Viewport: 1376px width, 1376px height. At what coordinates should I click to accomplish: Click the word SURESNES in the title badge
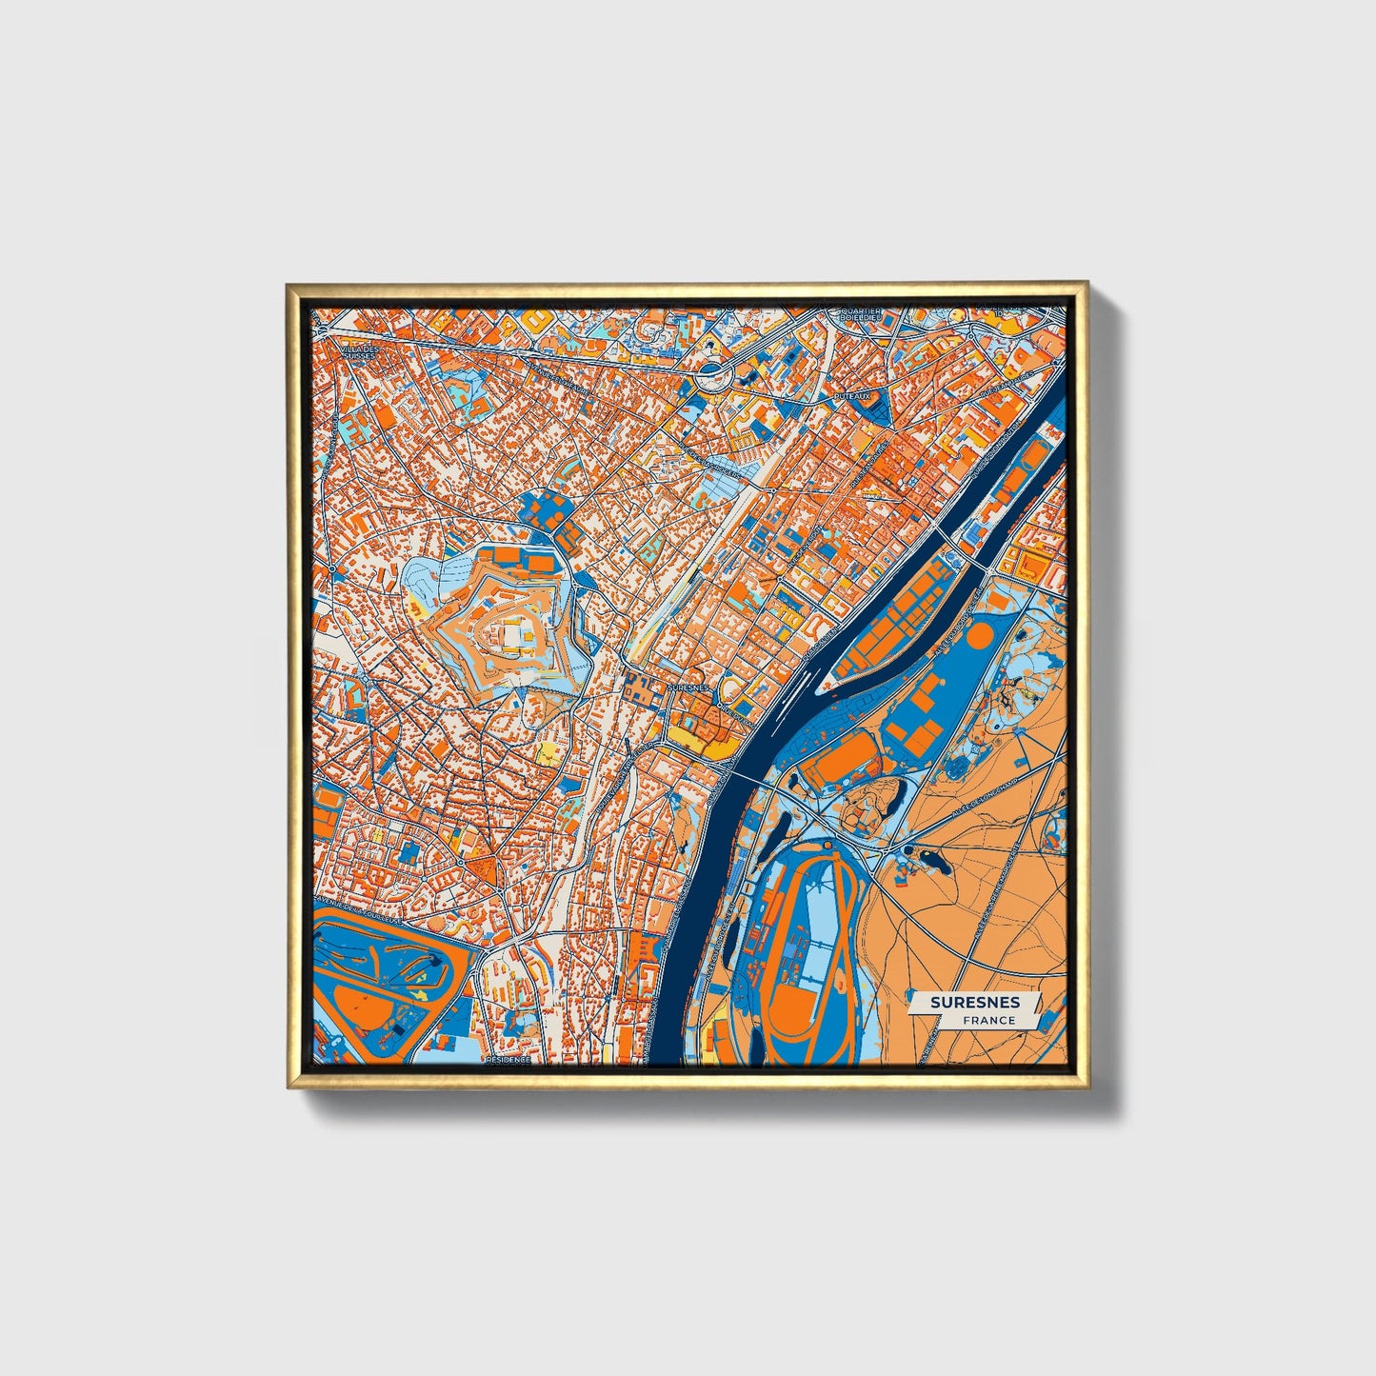(975, 1003)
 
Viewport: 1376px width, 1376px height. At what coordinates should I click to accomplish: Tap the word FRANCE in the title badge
(987, 1020)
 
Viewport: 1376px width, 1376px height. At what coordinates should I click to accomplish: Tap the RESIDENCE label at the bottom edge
(508, 1059)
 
